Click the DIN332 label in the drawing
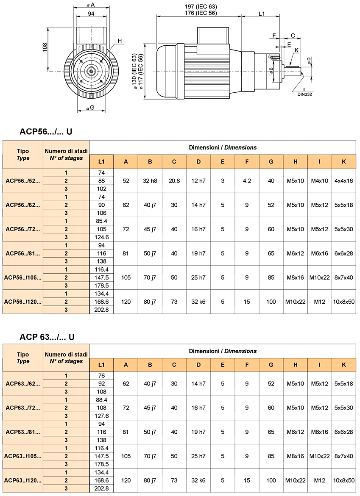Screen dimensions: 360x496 coord(304,94)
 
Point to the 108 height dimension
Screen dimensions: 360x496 coord(45,47)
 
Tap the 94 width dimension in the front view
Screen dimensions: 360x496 coord(91,14)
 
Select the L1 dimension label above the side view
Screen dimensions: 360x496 coord(262,14)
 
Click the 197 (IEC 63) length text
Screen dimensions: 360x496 coord(201,6)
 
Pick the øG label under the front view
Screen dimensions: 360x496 coord(90,108)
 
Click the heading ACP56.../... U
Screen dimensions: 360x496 coord(46,131)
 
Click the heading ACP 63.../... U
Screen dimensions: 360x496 coord(47,337)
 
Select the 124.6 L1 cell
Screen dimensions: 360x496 coord(101,237)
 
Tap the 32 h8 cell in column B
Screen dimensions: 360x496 coord(150,181)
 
